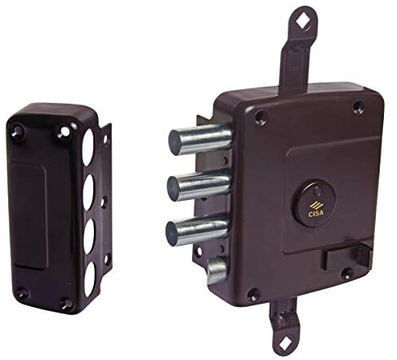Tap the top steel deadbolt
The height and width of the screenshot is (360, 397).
(200, 140)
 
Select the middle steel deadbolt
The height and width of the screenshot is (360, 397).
(198, 184)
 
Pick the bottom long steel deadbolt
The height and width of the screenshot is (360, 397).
(198, 229)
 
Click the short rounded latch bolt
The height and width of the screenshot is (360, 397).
(217, 270)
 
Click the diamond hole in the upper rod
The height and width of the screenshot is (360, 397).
(302, 21)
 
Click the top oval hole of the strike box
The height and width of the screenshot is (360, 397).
(87, 147)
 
